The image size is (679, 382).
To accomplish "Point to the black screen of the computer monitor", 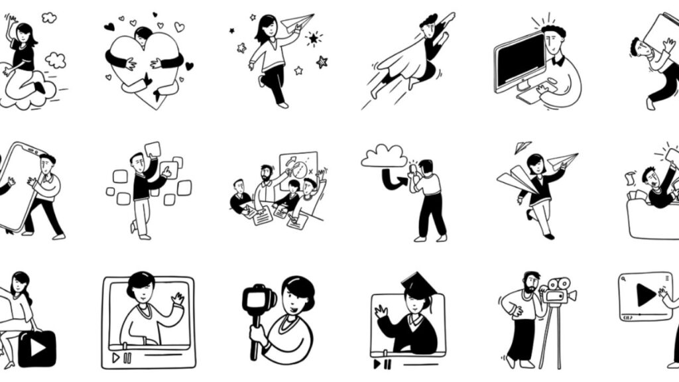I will [x=519, y=60].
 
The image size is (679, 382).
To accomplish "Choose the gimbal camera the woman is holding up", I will [x=256, y=299].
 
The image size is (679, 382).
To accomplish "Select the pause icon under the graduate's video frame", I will [x=385, y=363].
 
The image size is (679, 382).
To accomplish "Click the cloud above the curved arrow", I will [x=384, y=157].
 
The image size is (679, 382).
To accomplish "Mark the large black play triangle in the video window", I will [x=645, y=295].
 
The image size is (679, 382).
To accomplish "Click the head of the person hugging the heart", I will [x=143, y=33].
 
